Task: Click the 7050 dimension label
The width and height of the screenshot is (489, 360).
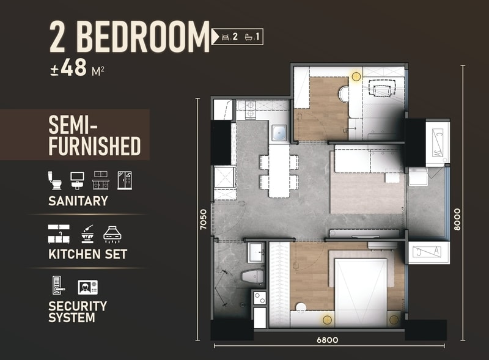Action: tap(203, 219)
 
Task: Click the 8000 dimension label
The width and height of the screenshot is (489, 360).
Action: tap(457, 219)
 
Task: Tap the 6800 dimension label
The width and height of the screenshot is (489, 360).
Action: tap(328, 340)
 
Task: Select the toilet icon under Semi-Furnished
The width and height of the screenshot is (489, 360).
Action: tap(55, 180)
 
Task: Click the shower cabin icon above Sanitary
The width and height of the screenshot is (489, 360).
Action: tap(125, 180)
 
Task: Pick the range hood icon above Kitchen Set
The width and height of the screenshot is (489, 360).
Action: tap(112, 235)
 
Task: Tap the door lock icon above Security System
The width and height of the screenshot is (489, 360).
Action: tap(58, 285)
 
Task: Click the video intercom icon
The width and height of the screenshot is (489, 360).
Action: tap(87, 287)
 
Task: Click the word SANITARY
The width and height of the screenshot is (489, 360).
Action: tap(78, 201)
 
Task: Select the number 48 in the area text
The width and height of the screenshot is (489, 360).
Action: tap(73, 68)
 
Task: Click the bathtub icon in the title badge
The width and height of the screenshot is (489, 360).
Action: tap(249, 37)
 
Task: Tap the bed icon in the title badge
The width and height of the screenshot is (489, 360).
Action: tap(225, 37)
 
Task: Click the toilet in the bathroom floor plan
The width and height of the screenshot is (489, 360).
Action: tap(253, 277)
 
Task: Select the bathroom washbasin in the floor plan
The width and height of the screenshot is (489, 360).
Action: tap(256, 252)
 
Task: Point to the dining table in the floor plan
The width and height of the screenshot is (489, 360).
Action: tap(279, 171)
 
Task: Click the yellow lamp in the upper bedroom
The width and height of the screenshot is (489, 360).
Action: tap(356, 76)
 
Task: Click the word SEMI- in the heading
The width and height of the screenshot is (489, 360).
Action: tap(73, 125)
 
